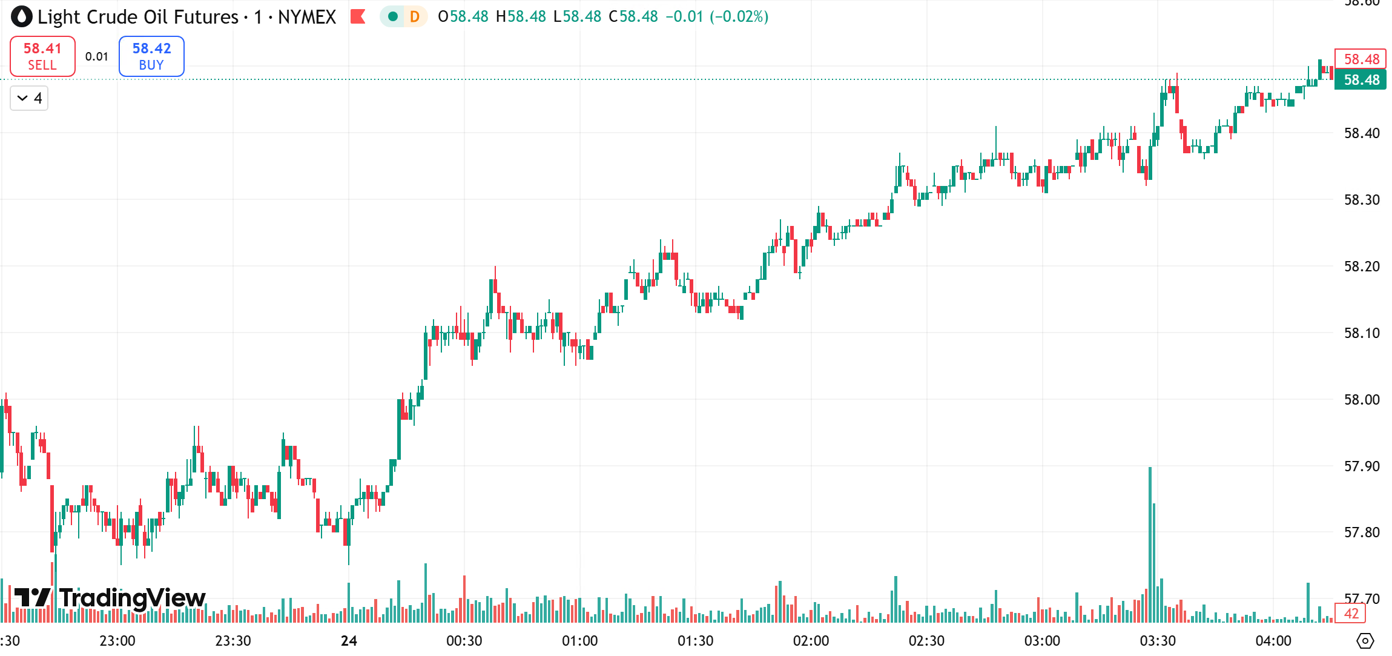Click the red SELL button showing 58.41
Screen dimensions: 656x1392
pos(42,56)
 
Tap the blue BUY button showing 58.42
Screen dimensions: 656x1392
pos(151,56)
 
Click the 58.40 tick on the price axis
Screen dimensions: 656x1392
pos(1362,133)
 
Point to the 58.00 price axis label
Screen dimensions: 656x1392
pos(1362,400)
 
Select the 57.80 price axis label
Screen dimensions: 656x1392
pos(1362,532)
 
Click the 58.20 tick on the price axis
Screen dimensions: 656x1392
pos(1362,267)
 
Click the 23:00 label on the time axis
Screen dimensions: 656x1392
pos(117,641)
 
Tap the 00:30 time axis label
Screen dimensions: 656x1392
pos(464,641)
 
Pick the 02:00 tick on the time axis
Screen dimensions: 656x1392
pos(811,641)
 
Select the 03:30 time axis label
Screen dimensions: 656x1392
pos(1158,641)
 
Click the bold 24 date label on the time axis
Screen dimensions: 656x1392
pos(349,641)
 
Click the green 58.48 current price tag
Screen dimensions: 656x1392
pos(1361,80)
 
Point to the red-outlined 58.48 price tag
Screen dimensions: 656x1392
pos(1361,59)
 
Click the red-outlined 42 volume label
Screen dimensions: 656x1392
pos(1351,614)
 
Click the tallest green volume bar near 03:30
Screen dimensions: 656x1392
pos(1150,545)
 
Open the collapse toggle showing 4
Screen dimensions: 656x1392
pos(29,98)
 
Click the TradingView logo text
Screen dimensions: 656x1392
pos(132,598)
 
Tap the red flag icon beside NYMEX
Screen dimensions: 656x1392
pos(358,16)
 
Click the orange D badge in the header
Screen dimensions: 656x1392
pos(415,16)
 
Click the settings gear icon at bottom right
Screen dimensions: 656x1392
pos(1365,640)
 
